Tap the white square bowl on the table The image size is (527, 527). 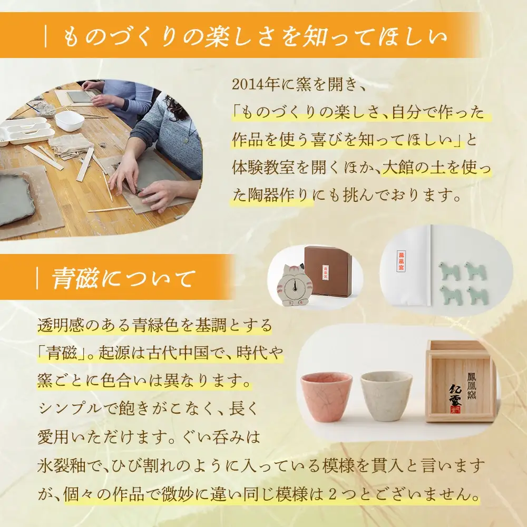coord(69,120)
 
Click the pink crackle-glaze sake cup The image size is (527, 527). coord(326,397)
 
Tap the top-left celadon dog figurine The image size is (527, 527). coord(449,271)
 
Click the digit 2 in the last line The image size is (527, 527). coord(333,495)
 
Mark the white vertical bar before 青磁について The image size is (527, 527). coord(37,279)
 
